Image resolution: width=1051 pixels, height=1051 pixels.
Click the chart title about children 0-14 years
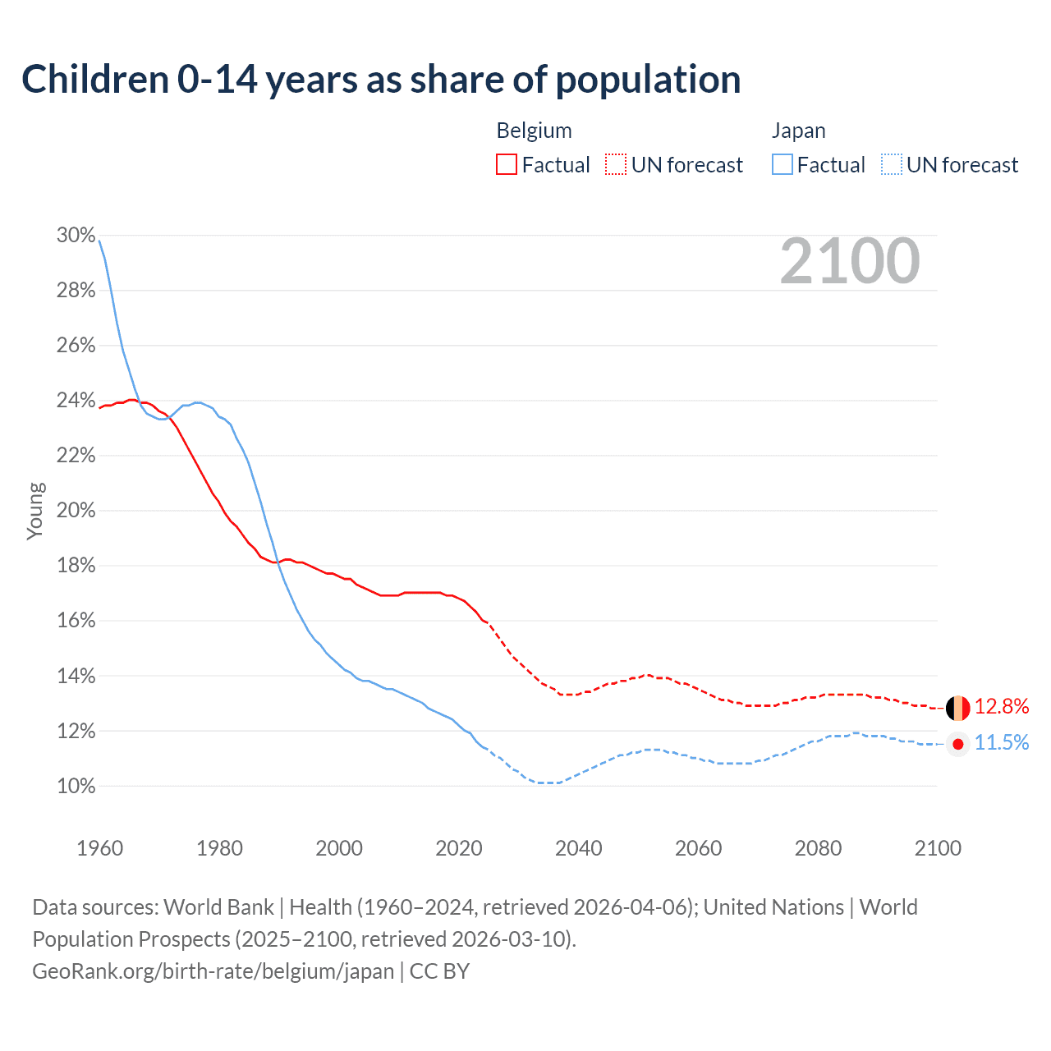[x=381, y=80]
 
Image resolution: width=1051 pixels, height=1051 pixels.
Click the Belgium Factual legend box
[x=507, y=165]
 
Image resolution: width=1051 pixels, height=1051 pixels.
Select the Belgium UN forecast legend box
[x=616, y=165]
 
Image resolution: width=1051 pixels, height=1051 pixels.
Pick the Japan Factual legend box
[x=783, y=165]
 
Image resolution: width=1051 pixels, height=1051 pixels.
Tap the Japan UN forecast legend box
[x=891, y=165]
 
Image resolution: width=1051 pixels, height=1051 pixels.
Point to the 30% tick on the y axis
[x=76, y=236]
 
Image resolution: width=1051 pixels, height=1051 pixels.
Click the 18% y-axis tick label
[x=76, y=566]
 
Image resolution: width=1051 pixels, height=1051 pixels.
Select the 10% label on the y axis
[x=76, y=787]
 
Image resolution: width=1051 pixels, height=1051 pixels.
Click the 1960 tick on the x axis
[x=100, y=848]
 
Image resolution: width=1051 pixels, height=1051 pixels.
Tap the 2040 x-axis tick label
[x=579, y=848]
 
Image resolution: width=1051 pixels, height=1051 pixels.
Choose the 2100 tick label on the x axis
[x=938, y=848]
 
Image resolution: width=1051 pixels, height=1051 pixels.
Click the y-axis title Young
[x=35, y=511]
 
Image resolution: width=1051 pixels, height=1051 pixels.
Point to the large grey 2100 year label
[x=850, y=261]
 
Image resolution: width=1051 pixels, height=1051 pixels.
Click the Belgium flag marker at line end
[x=958, y=707]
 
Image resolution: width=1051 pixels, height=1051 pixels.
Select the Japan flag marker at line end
[x=958, y=744]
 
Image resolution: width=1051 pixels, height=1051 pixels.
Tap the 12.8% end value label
[x=1002, y=707]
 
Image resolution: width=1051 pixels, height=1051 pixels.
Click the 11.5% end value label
[x=1002, y=743]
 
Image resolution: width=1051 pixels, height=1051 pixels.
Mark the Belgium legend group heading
[x=534, y=131]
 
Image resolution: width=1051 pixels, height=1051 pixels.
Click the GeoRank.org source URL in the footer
[x=213, y=971]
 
